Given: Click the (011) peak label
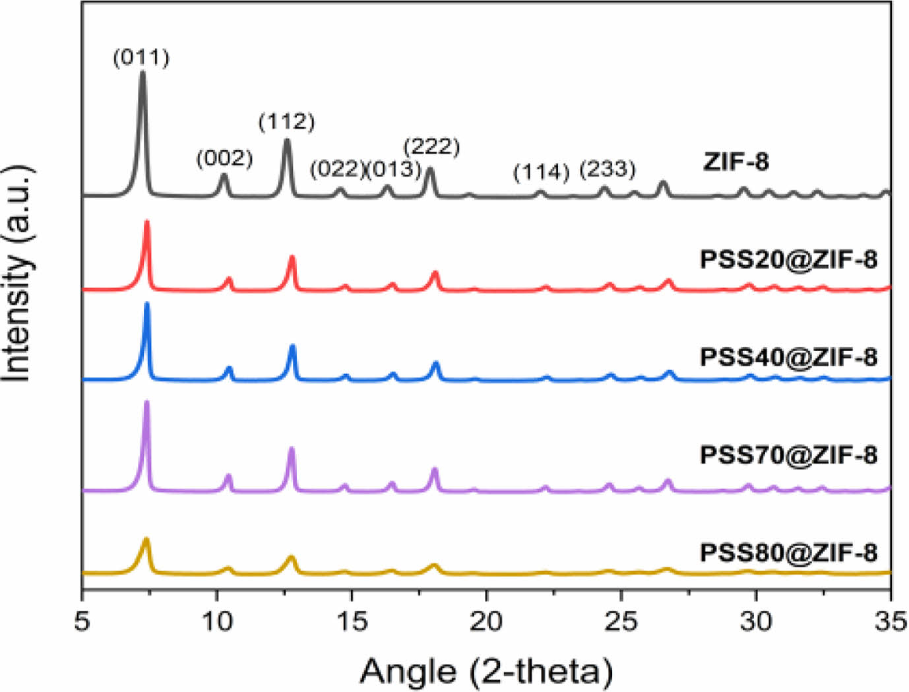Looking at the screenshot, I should pos(141,58).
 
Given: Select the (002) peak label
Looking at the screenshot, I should pos(224,158).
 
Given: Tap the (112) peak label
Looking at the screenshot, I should pos(286,122).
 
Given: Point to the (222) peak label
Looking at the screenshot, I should pos(431,146).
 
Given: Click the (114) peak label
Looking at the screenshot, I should pos(541,173).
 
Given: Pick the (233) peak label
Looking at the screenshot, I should pos(607,170).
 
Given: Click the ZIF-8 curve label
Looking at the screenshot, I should pos(736,162).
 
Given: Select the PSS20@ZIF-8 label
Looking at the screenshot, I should pos(788,260).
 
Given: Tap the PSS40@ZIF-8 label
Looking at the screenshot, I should pos(788,358).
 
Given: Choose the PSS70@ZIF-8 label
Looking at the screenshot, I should pos(788,455).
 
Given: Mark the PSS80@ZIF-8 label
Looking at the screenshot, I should pos(788,552).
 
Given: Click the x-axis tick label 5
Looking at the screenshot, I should pos(82,621).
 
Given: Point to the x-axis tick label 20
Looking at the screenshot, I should pos(486,621).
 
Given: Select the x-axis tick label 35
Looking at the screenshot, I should pos(890,621).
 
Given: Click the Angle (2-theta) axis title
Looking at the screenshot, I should pos(486,671).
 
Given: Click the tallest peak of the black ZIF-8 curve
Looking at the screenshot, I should pos(142,74).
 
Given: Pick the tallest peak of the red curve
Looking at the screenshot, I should pos(146,223).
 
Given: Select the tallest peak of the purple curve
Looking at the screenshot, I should pos(146,403).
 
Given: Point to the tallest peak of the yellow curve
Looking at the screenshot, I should pos(146,540).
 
